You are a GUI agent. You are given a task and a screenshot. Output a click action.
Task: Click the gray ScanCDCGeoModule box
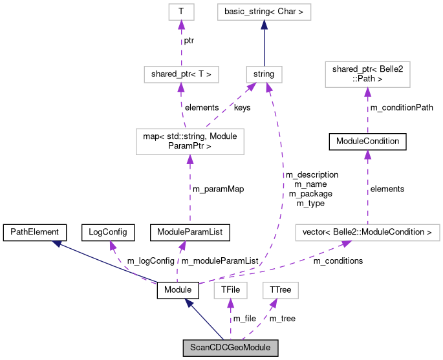(x=230, y=348)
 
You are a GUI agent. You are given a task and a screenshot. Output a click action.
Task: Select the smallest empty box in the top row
(x=181, y=12)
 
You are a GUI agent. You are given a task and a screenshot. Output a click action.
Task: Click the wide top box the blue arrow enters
(x=264, y=12)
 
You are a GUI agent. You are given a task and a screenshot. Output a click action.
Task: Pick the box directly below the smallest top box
(x=181, y=74)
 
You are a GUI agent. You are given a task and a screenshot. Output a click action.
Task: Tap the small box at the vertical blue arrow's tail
(x=264, y=74)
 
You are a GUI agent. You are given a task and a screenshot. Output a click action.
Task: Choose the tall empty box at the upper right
(x=367, y=74)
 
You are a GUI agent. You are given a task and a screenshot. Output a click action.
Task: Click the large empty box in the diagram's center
(x=189, y=142)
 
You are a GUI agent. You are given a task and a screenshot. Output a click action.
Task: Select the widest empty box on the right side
(x=367, y=233)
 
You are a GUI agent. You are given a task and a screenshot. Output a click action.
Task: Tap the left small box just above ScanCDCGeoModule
(x=230, y=291)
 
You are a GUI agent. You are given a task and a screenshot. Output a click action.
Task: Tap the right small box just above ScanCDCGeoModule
(x=280, y=291)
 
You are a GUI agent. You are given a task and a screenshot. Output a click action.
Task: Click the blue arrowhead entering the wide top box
(x=264, y=25)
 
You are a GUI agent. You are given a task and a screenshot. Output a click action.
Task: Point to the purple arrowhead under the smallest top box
(x=181, y=25)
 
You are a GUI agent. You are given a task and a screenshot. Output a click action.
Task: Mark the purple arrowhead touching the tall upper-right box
(x=367, y=92)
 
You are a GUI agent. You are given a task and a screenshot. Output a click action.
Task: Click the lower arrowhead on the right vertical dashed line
(x=367, y=154)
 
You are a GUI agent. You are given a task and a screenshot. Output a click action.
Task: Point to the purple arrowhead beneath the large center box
(x=189, y=160)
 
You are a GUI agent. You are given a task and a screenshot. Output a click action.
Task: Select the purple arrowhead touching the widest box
(x=346, y=244)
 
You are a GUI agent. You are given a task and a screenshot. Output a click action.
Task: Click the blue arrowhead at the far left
(x=57, y=244)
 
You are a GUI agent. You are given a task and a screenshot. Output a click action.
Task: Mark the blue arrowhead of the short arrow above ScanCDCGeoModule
(x=189, y=302)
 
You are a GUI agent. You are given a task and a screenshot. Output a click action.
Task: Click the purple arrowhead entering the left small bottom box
(x=230, y=304)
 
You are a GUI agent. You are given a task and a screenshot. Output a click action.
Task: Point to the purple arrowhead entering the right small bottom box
(x=274, y=303)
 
